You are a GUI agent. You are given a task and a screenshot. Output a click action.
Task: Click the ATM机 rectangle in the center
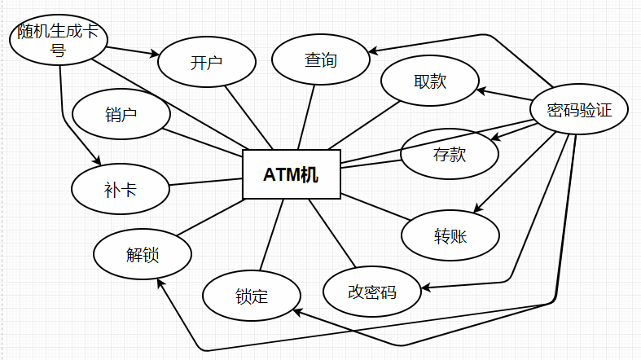click(x=292, y=174)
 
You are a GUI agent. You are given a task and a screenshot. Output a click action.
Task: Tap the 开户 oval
click(x=206, y=63)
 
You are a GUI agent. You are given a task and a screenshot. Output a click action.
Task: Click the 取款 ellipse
click(x=429, y=81)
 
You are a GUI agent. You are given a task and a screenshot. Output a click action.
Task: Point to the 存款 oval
click(x=450, y=154)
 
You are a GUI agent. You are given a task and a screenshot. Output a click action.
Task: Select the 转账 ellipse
click(x=450, y=236)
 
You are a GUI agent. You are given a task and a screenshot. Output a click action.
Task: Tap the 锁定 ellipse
click(x=251, y=296)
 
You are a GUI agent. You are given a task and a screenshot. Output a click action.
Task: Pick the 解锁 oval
click(x=143, y=254)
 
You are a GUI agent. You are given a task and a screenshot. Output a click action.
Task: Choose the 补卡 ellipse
click(x=120, y=191)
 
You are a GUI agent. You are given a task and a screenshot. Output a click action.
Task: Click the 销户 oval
click(x=121, y=115)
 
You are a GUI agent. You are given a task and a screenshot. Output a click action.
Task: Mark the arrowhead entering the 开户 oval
click(x=155, y=55)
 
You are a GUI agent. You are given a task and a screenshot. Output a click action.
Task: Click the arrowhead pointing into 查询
click(x=372, y=52)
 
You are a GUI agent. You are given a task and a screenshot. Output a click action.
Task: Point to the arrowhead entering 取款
click(x=480, y=91)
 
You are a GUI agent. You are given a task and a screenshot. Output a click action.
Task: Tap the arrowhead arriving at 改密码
click(x=424, y=288)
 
